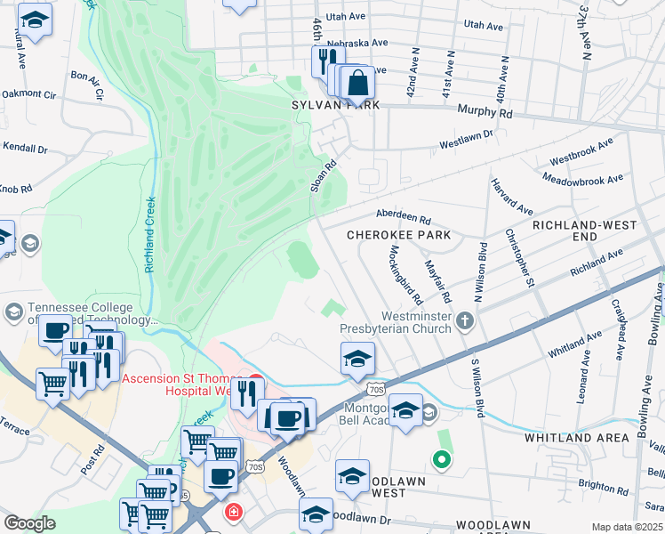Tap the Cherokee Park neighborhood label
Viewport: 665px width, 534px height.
[x=387, y=235]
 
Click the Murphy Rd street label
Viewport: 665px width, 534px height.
[x=485, y=113]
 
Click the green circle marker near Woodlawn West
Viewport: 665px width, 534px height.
[x=440, y=460]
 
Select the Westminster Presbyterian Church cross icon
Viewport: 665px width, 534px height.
[x=464, y=320]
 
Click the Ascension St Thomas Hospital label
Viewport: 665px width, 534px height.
[x=175, y=384]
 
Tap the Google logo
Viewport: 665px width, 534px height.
[x=29, y=523]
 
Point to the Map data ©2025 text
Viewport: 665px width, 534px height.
[x=628, y=527]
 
